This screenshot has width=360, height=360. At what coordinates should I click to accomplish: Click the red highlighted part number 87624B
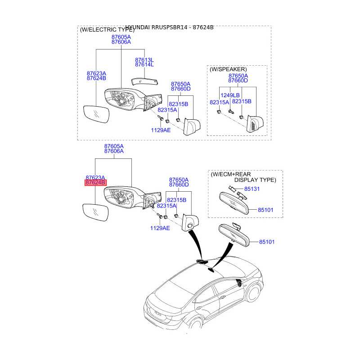pyautogui.click(x=95, y=183)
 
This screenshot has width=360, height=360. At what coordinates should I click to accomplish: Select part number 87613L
pyautogui.click(x=144, y=59)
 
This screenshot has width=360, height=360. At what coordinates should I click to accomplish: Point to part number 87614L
pyautogui.click(x=144, y=65)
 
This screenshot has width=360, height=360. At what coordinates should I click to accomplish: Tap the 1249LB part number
pyautogui.click(x=230, y=95)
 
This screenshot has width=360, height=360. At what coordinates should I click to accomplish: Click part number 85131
pyautogui.click(x=252, y=189)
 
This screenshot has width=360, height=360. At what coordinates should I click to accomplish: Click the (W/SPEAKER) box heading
pyautogui.click(x=228, y=70)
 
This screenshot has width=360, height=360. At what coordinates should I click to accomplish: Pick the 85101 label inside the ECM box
pyautogui.click(x=265, y=210)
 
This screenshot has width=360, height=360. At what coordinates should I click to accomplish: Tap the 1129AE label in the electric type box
pyautogui.click(x=161, y=130)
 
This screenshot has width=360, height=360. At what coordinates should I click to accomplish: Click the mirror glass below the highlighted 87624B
pyautogui.click(x=95, y=212)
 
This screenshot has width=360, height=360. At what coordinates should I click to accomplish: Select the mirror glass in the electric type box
pyautogui.click(x=96, y=114)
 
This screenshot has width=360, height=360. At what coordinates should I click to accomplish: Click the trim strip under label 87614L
pyautogui.click(x=145, y=80)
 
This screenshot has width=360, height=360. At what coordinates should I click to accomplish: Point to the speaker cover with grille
pyautogui.click(x=254, y=124)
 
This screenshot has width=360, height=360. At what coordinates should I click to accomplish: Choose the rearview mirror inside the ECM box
pyautogui.click(x=236, y=202)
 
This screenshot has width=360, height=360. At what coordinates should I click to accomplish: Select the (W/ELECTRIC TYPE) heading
pyautogui.click(x=107, y=30)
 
